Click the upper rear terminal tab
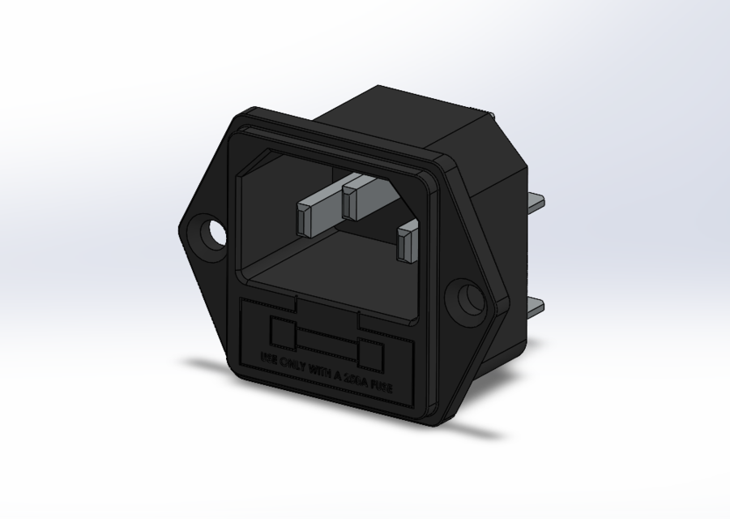tap(535, 202)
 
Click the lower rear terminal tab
tap(534, 309)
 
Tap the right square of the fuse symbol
tap(370, 355)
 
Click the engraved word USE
tap(268, 358)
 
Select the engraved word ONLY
tap(292, 364)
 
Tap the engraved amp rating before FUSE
tap(356, 380)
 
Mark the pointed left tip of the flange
tap(181, 229)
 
